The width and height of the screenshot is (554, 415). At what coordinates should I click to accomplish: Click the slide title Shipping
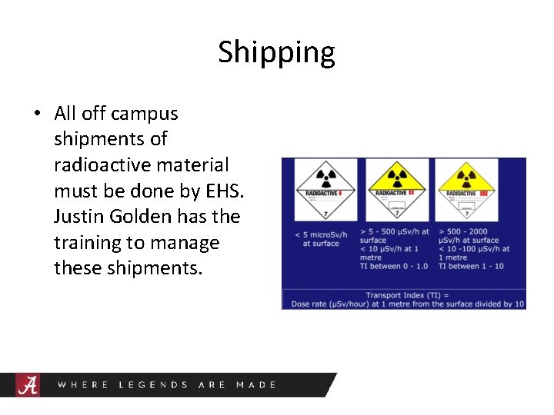pyautogui.click(x=276, y=52)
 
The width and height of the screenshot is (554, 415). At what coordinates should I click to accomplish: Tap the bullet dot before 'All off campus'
pyautogui.click(x=37, y=114)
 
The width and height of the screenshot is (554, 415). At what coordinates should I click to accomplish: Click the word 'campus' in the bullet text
pyautogui.click(x=144, y=114)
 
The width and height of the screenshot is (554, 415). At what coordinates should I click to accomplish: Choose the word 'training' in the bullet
pyautogui.click(x=87, y=243)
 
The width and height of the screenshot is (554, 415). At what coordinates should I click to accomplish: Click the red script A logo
pyautogui.click(x=28, y=384)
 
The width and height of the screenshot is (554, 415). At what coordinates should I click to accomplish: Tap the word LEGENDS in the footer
pyautogui.click(x=153, y=384)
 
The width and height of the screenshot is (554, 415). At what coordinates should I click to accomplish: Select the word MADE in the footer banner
pyautogui.click(x=256, y=384)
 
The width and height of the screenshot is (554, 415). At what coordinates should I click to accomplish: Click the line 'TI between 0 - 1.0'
pyautogui.click(x=394, y=267)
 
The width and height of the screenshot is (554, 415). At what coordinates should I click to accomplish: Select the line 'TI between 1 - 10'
pyautogui.click(x=471, y=267)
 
